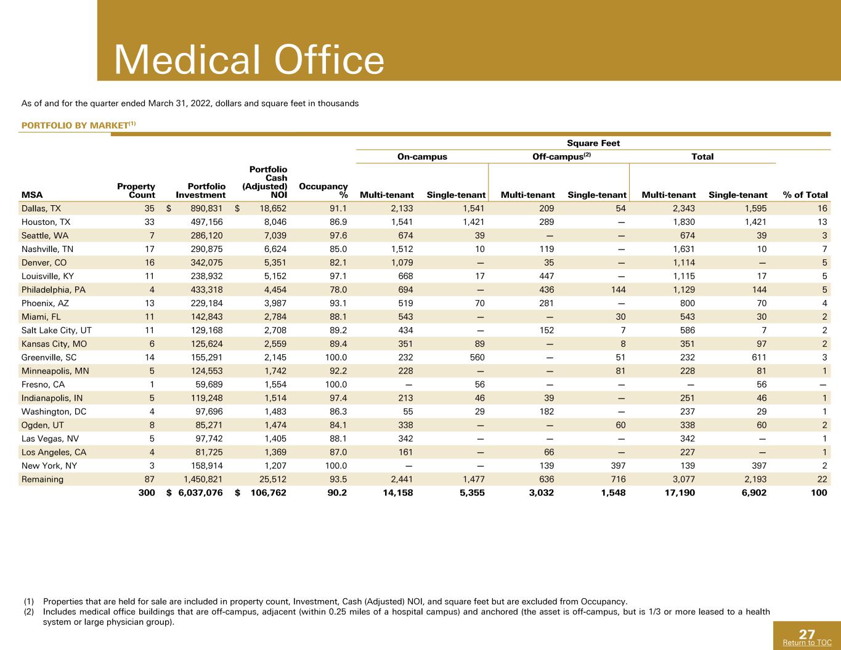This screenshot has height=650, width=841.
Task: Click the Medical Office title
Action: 249,60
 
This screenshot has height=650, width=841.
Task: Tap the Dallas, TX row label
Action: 41,208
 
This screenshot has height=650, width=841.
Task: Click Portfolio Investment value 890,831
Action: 206,208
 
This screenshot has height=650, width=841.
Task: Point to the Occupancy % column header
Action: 323,190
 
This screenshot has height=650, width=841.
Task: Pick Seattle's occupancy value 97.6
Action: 338,235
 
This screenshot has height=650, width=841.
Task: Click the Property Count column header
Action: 136,190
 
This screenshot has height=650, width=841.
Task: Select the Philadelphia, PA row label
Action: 54,290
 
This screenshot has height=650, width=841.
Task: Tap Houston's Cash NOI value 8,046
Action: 275,222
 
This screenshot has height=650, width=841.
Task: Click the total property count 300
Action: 147,492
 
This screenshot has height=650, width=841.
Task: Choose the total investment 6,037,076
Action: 200,492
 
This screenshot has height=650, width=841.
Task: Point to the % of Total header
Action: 805,195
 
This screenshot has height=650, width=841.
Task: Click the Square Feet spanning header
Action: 593,143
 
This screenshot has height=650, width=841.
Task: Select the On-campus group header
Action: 422,156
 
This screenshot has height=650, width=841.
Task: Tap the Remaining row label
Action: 42,479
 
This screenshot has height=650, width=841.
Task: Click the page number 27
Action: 806,634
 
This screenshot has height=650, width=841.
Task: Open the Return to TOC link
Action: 807,643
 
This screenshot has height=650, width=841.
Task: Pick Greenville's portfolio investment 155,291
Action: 206,357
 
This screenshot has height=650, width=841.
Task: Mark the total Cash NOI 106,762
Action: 268,492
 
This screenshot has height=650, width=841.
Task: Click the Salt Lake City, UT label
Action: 57,330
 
